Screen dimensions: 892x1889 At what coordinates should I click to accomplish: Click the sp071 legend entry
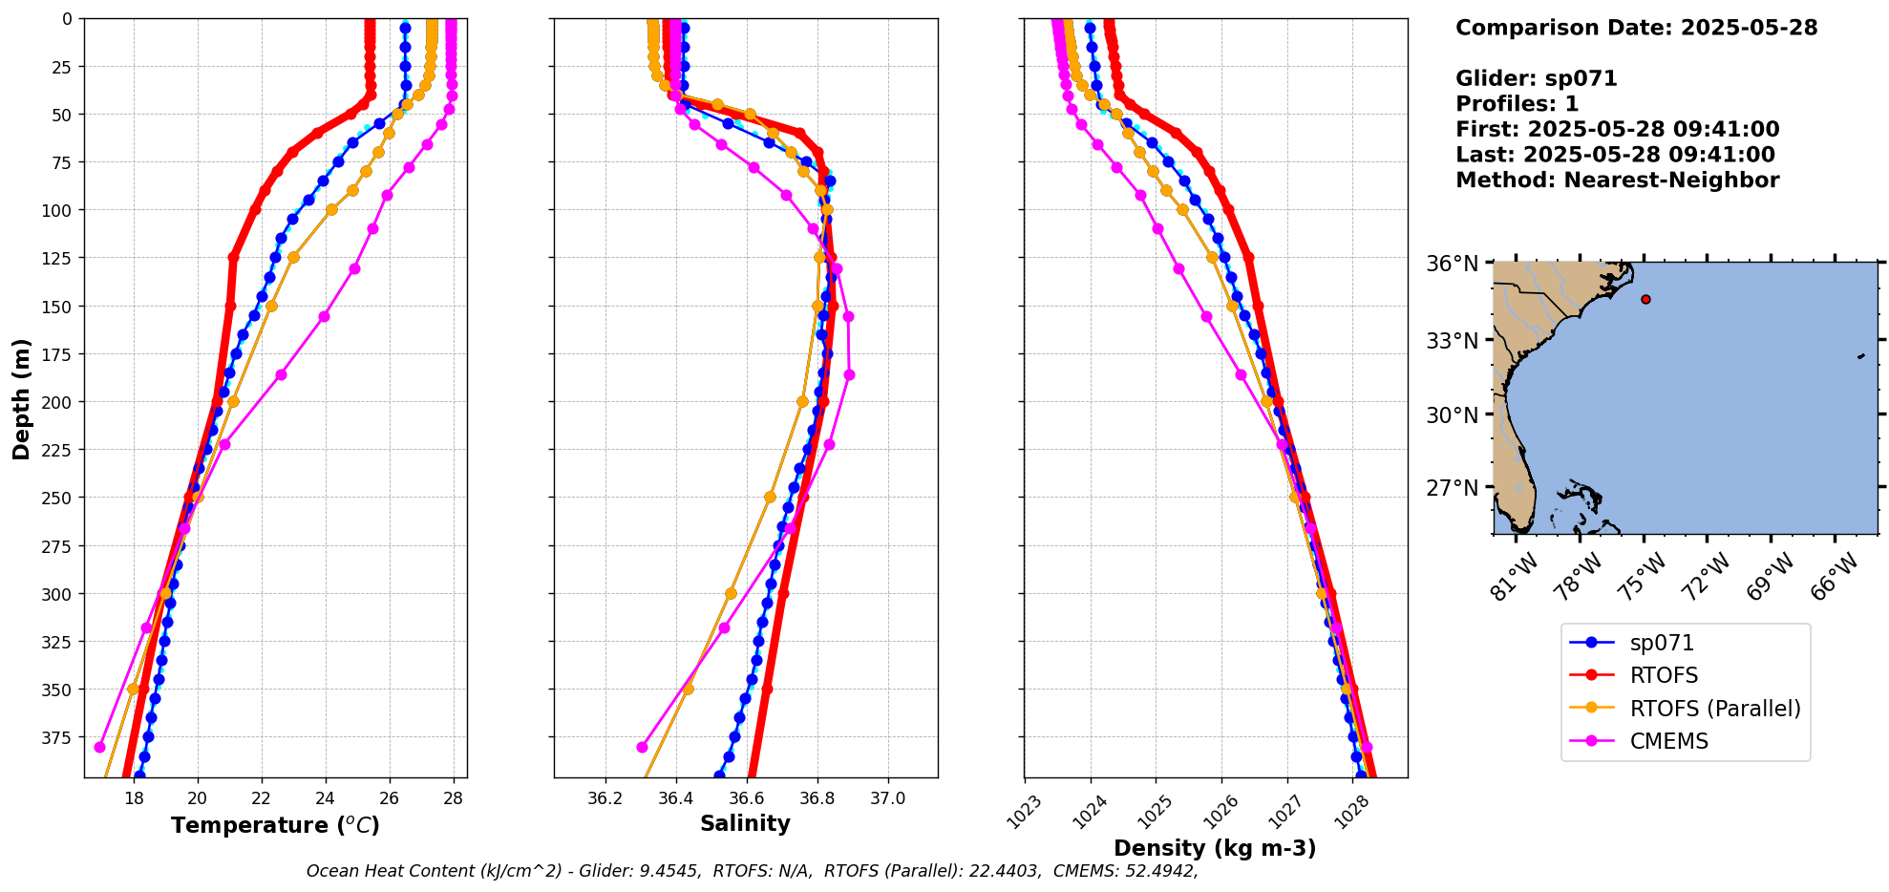tap(1661, 644)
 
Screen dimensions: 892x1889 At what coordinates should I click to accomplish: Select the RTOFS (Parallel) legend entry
tap(1714, 709)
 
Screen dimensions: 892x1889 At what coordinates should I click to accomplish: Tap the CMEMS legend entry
tap(1668, 741)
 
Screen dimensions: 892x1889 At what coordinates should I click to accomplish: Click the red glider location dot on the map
tap(1645, 299)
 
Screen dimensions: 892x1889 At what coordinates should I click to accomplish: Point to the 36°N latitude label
tap(1452, 264)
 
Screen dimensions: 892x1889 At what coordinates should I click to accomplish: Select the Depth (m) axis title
tap(22, 398)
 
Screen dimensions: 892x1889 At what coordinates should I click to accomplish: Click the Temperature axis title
tap(275, 825)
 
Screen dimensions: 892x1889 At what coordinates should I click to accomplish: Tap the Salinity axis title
tap(745, 823)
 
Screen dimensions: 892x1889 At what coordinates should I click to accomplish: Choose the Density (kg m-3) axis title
tap(1215, 848)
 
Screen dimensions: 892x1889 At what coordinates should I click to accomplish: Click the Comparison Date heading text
tap(1636, 28)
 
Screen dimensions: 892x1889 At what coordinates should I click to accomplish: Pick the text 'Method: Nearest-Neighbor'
tap(1617, 181)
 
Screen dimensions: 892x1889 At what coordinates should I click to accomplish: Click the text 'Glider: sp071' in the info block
tap(1536, 78)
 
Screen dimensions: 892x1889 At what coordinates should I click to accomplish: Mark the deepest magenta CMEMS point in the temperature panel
tap(99, 747)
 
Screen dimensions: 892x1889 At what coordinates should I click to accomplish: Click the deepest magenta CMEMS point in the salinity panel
tap(642, 747)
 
